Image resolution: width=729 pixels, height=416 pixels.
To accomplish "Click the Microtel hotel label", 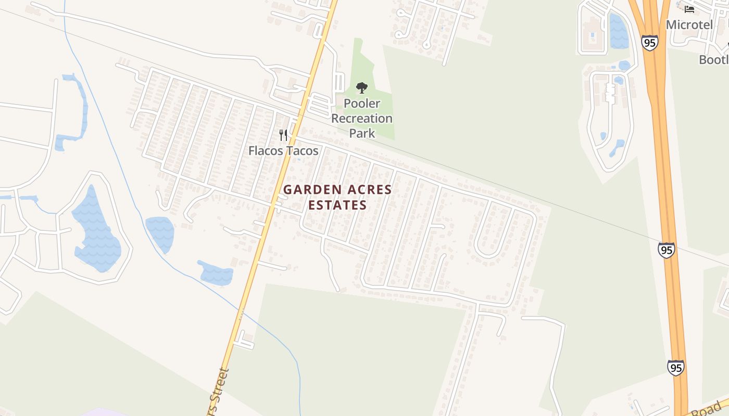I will pyautogui.click(x=689, y=24).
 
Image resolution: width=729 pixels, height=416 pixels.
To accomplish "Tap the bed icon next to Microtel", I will pyautogui.click(x=689, y=9).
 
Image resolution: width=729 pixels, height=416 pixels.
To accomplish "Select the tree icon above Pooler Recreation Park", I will pyautogui.click(x=362, y=87).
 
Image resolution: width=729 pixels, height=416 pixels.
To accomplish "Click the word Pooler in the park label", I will pyautogui.click(x=362, y=103).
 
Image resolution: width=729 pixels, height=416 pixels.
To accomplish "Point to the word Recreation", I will pyautogui.click(x=362, y=119).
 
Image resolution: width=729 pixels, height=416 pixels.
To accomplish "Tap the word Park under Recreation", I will pyautogui.click(x=362, y=133).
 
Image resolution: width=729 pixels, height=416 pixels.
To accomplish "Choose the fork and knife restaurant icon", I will pyautogui.click(x=283, y=135).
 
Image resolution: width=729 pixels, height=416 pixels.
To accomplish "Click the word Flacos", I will pyautogui.click(x=265, y=151).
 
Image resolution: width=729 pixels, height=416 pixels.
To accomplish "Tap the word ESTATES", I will pyautogui.click(x=337, y=205).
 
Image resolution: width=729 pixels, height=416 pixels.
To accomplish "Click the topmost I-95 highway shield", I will pyautogui.click(x=649, y=43).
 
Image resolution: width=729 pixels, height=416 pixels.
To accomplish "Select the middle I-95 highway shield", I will pyautogui.click(x=666, y=250).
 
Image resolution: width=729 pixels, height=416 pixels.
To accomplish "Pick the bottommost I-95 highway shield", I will pyautogui.click(x=675, y=368).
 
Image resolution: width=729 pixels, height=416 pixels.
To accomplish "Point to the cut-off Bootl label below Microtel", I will pyautogui.click(x=713, y=60).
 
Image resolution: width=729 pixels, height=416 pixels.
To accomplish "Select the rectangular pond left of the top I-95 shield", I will pyautogui.click(x=619, y=31).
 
